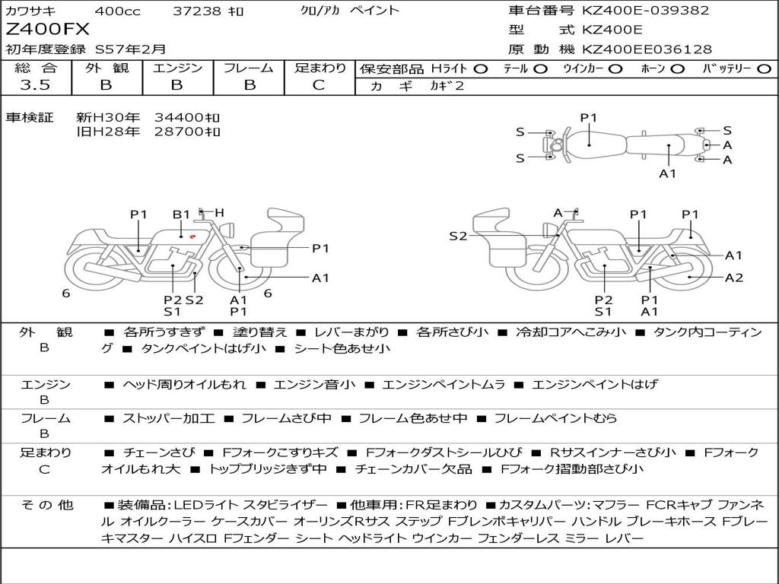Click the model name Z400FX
point(47,30)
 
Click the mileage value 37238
point(196,11)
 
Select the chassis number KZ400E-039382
point(645,10)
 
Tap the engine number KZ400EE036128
point(647,49)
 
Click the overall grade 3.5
point(35,84)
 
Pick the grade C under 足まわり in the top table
point(319,84)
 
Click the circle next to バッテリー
point(765,68)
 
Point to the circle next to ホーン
point(677,68)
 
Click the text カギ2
point(447,86)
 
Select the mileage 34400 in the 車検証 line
point(180,118)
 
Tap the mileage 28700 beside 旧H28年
point(180,132)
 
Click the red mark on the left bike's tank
point(192,236)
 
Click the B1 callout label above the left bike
point(181,214)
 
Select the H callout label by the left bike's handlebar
point(219,213)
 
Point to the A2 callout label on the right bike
point(734,278)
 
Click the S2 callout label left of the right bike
point(458,236)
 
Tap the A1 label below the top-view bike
point(668,173)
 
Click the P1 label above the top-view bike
point(589,118)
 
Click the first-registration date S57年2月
point(130,49)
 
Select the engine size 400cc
point(117,11)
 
